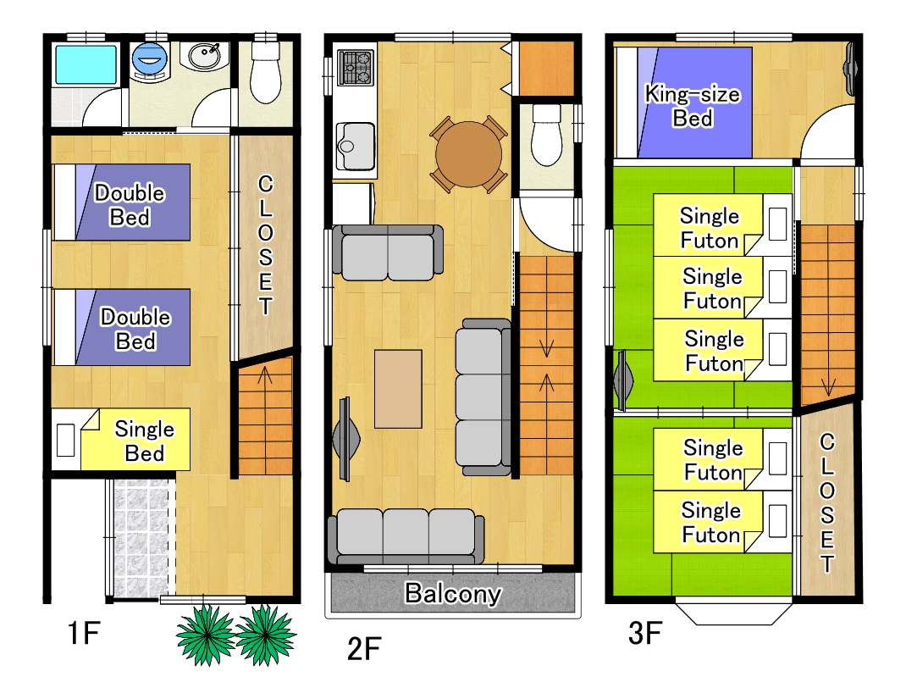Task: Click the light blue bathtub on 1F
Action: (86, 64)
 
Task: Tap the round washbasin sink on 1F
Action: (204, 56)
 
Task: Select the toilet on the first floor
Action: (266, 72)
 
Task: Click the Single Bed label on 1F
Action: (145, 441)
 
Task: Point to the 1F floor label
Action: (84, 633)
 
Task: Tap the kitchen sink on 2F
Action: (356, 147)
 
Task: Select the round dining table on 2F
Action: (468, 154)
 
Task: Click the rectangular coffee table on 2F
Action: (398, 389)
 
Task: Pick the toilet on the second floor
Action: (546, 135)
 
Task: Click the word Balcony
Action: (453, 594)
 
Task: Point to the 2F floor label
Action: (364, 649)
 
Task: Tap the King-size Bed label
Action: (693, 106)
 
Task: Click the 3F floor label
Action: (645, 633)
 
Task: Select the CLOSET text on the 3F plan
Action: (827, 502)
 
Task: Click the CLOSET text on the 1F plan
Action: (265, 245)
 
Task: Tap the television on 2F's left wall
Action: (346, 439)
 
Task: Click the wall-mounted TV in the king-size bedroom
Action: (851, 69)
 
